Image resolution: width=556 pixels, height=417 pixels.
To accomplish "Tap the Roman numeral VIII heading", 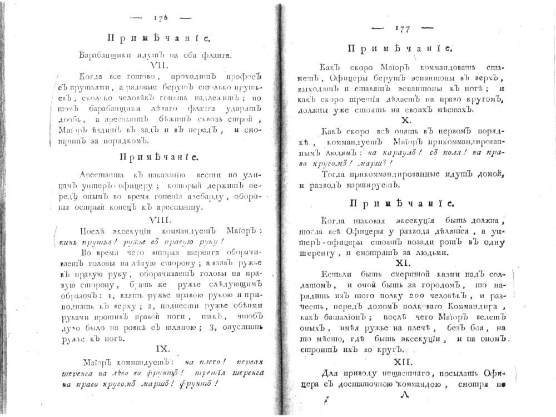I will (156, 220).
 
